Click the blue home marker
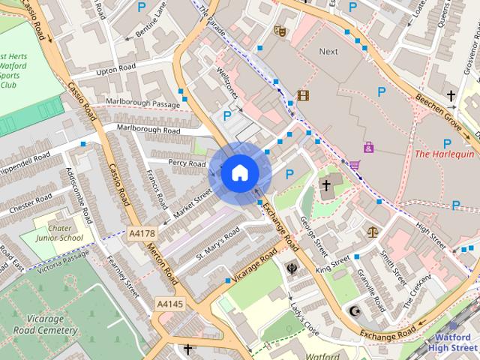coord(239,173)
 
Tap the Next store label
coord(328,51)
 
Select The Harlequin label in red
coord(444,154)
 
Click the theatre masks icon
coord(280,31)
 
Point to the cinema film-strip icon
coord(302,95)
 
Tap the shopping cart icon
coord(354,164)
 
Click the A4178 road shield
coord(142,234)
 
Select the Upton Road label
coord(116,72)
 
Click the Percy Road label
coord(186,163)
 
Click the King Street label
coord(332,263)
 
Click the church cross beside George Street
coord(326,184)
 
